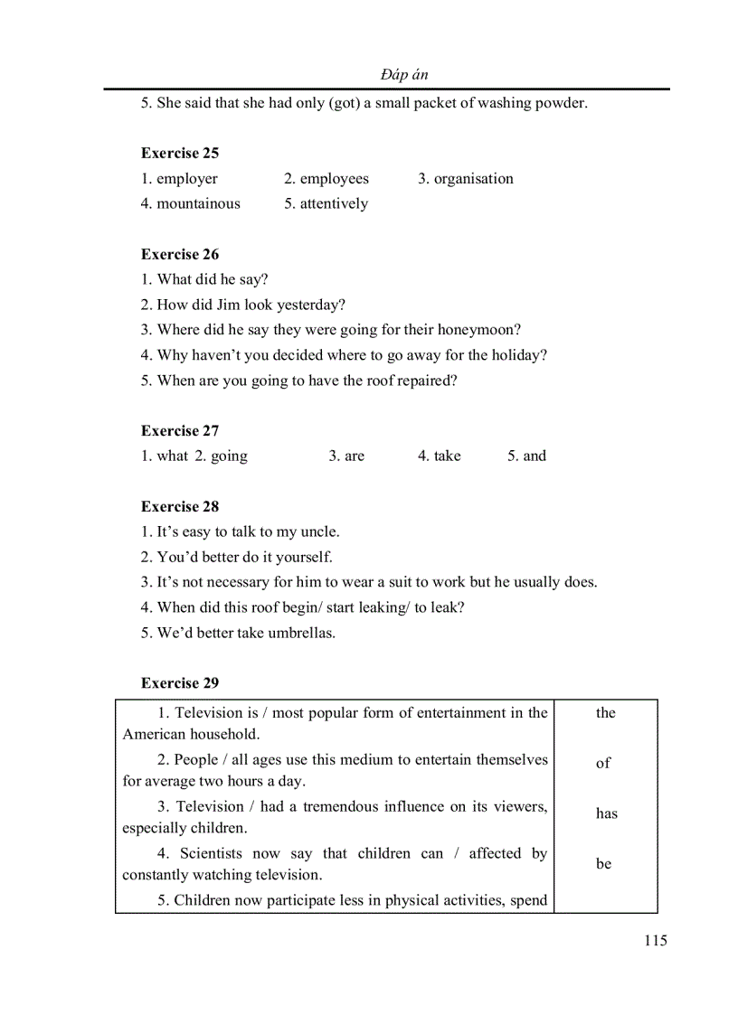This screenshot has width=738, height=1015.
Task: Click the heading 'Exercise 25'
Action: [x=180, y=153]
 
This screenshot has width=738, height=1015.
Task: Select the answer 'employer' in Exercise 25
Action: [x=187, y=179]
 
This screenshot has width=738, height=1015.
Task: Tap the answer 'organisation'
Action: [x=473, y=179]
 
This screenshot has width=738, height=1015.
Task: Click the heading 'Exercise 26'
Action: [x=180, y=254]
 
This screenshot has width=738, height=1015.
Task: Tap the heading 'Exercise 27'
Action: [x=180, y=430]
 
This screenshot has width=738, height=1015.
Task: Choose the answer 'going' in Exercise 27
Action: [x=229, y=456]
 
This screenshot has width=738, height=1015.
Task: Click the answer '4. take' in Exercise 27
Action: [x=440, y=456]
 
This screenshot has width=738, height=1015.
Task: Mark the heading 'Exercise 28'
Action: [x=180, y=506]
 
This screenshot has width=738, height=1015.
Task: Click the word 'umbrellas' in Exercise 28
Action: [x=300, y=633]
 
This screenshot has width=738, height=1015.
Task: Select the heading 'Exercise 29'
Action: [x=180, y=682]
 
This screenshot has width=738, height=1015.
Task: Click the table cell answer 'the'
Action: [x=605, y=713]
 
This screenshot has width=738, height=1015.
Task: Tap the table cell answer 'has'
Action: [x=606, y=813]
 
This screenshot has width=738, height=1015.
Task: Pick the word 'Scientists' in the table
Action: [x=212, y=853]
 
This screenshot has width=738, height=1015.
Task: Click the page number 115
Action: [x=656, y=941]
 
